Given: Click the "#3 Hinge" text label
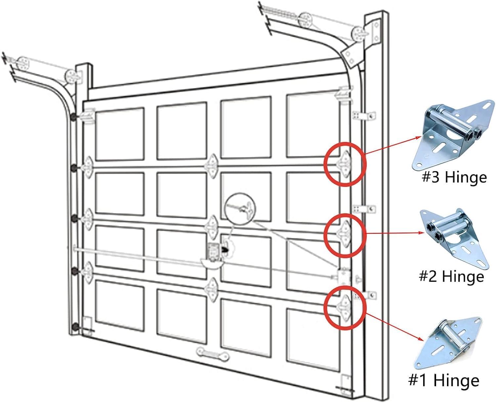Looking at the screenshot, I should (454, 178).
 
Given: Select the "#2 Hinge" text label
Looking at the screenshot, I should (451, 276).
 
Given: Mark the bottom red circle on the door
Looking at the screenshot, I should (345, 307).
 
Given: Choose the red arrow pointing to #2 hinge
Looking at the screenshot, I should (395, 233).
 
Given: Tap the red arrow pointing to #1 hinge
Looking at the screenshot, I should (395, 326).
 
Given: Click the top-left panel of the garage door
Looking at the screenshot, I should (120, 134).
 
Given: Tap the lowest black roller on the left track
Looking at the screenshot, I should (74, 327).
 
